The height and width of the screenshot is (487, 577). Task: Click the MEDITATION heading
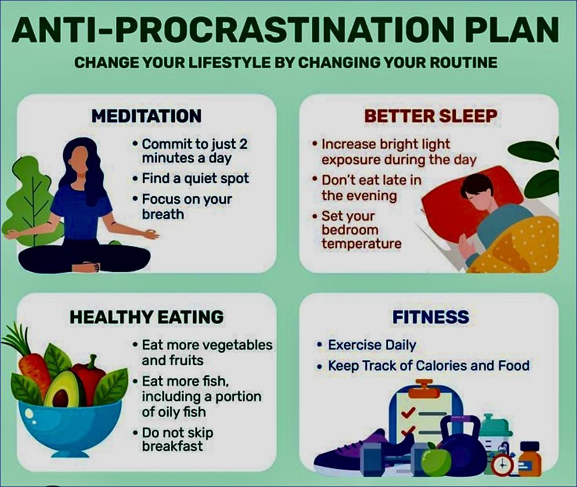(x=146, y=116)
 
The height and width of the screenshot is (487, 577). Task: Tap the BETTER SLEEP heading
(x=431, y=116)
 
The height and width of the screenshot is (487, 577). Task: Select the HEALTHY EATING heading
(x=146, y=317)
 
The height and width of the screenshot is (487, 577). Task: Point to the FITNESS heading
(x=431, y=317)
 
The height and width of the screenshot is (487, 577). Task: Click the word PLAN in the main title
(x=512, y=30)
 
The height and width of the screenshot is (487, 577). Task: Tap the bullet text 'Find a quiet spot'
(x=196, y=179)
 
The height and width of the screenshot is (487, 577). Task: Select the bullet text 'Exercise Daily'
(x=372, y=345)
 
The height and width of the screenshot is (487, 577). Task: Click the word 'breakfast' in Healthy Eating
(x=172, y=446)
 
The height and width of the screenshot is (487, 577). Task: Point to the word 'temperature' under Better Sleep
(x=361, y=243)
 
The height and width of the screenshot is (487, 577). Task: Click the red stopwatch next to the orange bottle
(x=502, y=463)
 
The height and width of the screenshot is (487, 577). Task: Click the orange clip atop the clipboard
(x=424, y=389)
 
